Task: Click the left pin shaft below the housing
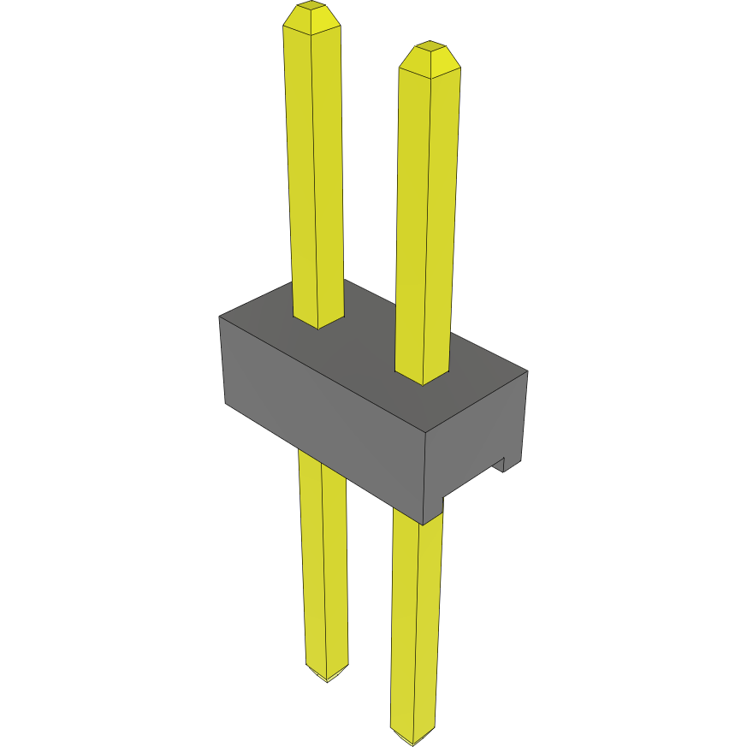[323, 556]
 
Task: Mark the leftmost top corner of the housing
[220, 317]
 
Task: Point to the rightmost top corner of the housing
[527, 371]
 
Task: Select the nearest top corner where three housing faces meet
[426, 430]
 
